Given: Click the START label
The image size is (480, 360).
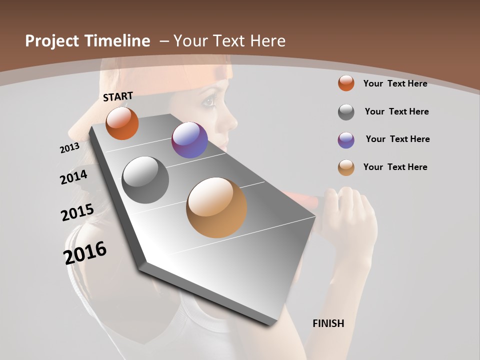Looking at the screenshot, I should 118,96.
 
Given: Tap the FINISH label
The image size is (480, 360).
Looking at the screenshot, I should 328,323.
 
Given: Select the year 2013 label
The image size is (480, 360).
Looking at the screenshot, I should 69,148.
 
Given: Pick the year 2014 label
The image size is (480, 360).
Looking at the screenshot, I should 74,177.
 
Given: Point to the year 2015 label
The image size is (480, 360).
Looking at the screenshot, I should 77,212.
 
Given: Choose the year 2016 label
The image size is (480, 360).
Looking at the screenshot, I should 85,253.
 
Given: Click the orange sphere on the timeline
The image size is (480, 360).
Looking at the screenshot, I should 122,123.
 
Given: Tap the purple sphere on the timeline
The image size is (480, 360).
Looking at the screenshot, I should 189,140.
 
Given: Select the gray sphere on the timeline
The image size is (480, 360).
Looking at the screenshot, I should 145,180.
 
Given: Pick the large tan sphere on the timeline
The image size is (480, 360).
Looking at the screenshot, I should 216,207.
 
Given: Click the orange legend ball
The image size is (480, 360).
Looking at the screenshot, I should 346,83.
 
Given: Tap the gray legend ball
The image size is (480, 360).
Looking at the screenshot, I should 346,112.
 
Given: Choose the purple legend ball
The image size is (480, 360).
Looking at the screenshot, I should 346,140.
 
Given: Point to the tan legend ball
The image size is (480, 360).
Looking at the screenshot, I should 346,167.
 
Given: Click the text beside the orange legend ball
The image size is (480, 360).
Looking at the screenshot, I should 395,83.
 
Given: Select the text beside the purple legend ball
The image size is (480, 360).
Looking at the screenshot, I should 397,139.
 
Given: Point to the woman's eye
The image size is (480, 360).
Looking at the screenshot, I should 209,102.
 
